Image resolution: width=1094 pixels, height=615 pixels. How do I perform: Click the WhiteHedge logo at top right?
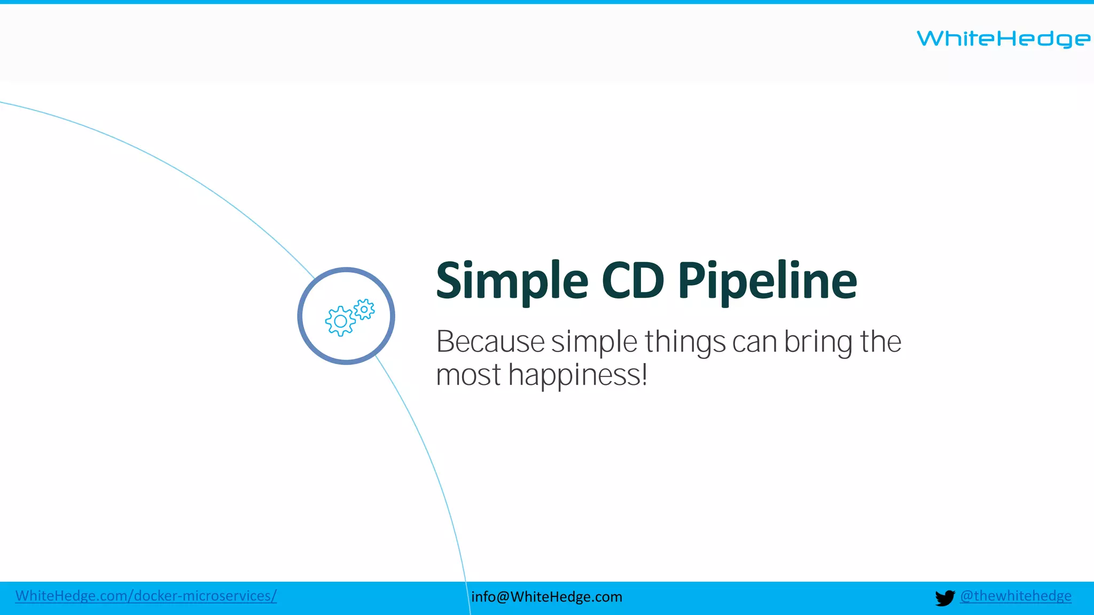tap(1003, 38)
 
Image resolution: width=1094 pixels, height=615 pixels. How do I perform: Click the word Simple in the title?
tap(512, 281)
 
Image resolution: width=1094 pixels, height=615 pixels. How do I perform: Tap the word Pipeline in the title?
tap(767, 281)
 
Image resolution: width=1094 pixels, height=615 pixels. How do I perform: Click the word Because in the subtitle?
tap(490, 342)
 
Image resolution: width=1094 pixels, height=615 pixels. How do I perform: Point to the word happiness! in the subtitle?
tap(578, 375)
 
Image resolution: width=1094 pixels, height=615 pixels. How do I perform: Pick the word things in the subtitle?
tap(685, 342)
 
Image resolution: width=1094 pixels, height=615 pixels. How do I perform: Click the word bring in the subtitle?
tap(817, 342)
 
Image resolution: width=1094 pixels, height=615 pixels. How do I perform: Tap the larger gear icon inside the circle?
tap(340, 321)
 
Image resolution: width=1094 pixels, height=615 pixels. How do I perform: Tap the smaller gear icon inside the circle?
tap(364, 309)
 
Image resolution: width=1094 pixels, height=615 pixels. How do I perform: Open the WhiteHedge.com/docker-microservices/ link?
tap(146, 596)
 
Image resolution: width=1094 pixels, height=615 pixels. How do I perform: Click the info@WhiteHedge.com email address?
tap(546, 596)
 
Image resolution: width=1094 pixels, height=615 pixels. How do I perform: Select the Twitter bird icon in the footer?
tap(944, 597)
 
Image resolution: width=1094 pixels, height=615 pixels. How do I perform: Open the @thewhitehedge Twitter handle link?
tap(1015, 596)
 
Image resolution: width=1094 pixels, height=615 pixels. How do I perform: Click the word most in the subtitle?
tap(468, 375)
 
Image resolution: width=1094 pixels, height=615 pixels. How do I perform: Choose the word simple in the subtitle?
tap(594, 342)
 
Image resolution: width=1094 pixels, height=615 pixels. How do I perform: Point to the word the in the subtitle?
tap(880, 342)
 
